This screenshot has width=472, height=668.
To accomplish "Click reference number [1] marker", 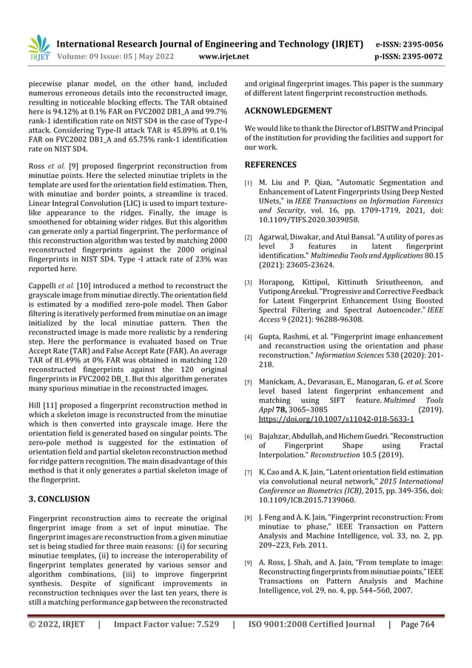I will (x=249, y=182).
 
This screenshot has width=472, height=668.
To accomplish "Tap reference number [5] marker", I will (x=249, y=382).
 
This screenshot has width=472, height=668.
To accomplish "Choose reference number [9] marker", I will (x=249, y=564).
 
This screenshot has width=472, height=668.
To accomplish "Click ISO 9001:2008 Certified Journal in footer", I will (x=310, y=644).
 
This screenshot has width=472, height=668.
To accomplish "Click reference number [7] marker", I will (x=249, y=471).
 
